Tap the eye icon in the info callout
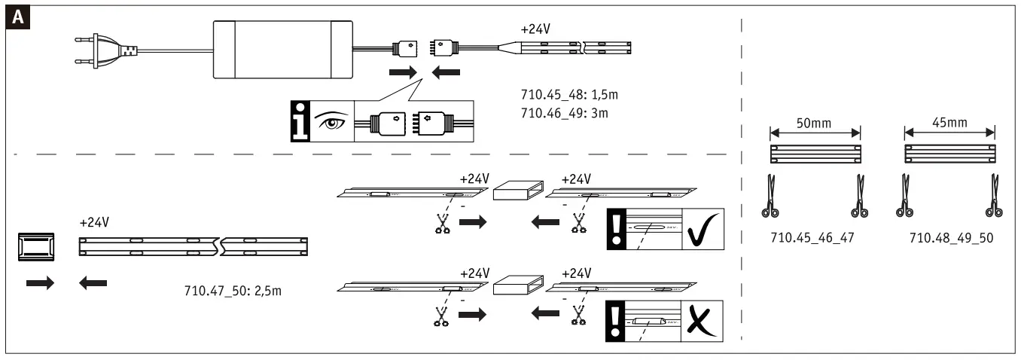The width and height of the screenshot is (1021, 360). pyautogui.click(x=330, y=121)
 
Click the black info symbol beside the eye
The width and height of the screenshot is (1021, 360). pyautogui.click(x=301, y=121)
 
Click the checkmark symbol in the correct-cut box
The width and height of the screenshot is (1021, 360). pyautogui.click(x=702, y=229)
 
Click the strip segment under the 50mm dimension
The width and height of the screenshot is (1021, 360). pyautogui.click(x=815, y=154)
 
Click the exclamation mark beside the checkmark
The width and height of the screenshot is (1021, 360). pyautogui.click(x=617, y=229)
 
